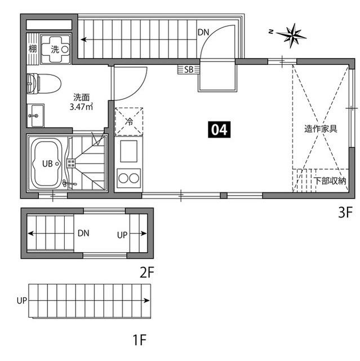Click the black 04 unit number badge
click(x=219, y=130)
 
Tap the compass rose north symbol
click(x=291, y=36)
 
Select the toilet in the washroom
click(x=44, y=83)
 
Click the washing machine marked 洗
click(x=56, y=49)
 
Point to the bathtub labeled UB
click(x=47, y=163)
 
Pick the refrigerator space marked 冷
click(x=129, y=122)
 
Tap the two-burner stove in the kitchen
click(x=129, y=178)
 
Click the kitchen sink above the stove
click(x=129, y=151)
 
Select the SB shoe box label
click(x=189, y=69)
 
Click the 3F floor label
click(x=345, y=213)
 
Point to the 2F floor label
click(x=147, y=272)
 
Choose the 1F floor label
click(x=140, y=340)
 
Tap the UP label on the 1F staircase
click(x=22, y=301)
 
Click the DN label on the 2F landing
click(x=83, y=233)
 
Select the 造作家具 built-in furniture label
click(x=321, y=129)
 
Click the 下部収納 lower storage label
click(x=330, y=181)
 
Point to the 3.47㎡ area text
click(x=81, y=107)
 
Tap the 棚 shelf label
click(x=33, y=49)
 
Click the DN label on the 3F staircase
click(x=203, y=33)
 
